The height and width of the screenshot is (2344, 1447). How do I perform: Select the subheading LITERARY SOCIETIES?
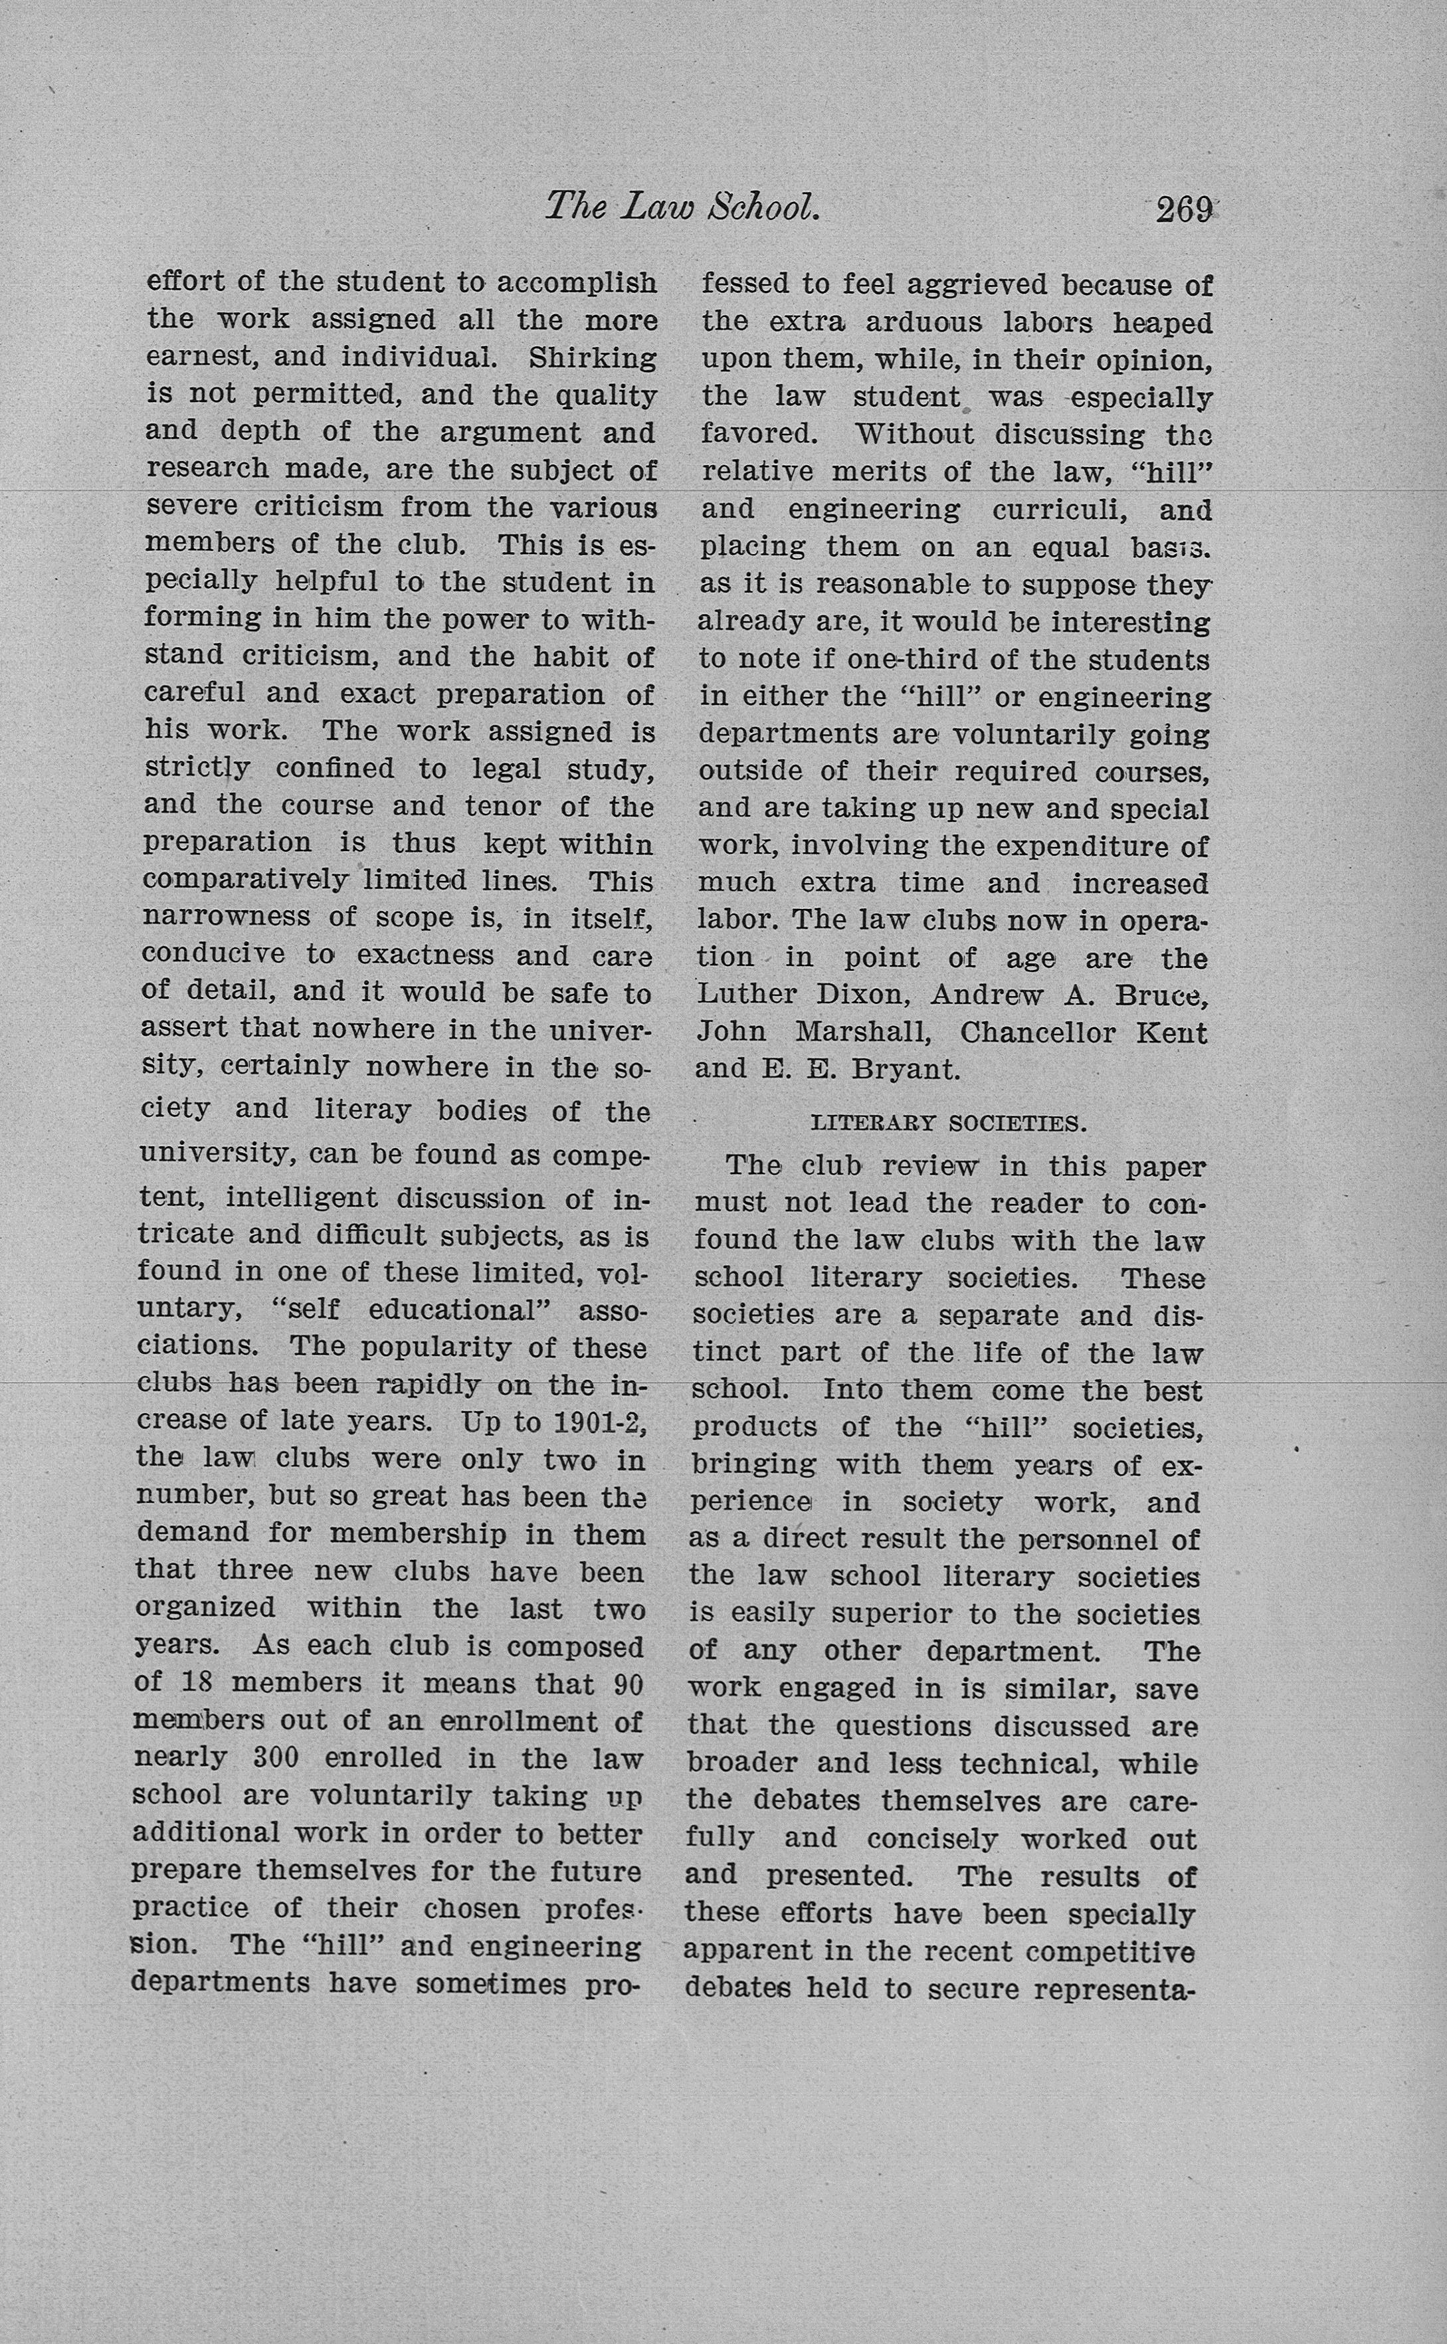[949, 1123]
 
